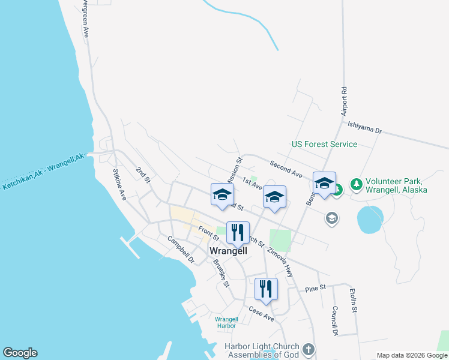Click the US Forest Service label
point(324,145)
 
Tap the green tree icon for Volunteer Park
point(356,184)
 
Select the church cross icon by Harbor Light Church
point(309,349)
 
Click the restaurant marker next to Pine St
point(266,289)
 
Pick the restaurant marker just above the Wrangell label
point(238,232)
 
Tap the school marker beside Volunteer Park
point(324,183)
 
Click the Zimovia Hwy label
point(280,262)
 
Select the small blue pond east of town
point(370,220)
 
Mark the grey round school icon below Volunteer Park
point(331,218)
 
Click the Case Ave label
point(261,314)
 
